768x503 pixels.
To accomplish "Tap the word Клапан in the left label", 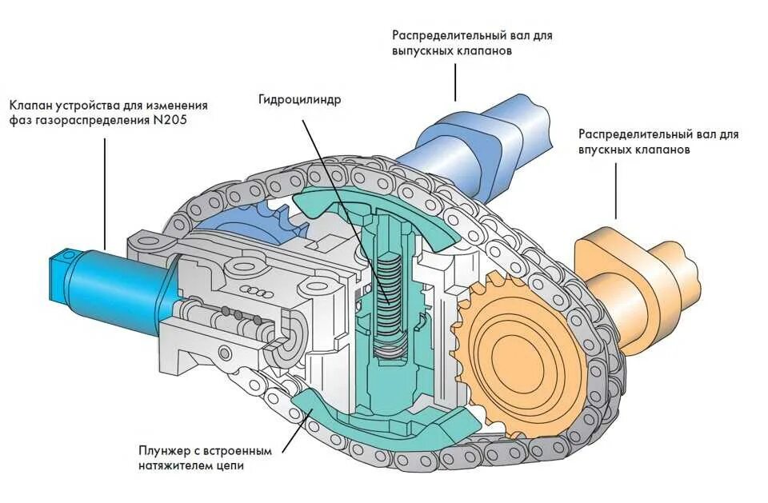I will [x=32, y=105].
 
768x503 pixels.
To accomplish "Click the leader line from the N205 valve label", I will [x=106, y=192].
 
